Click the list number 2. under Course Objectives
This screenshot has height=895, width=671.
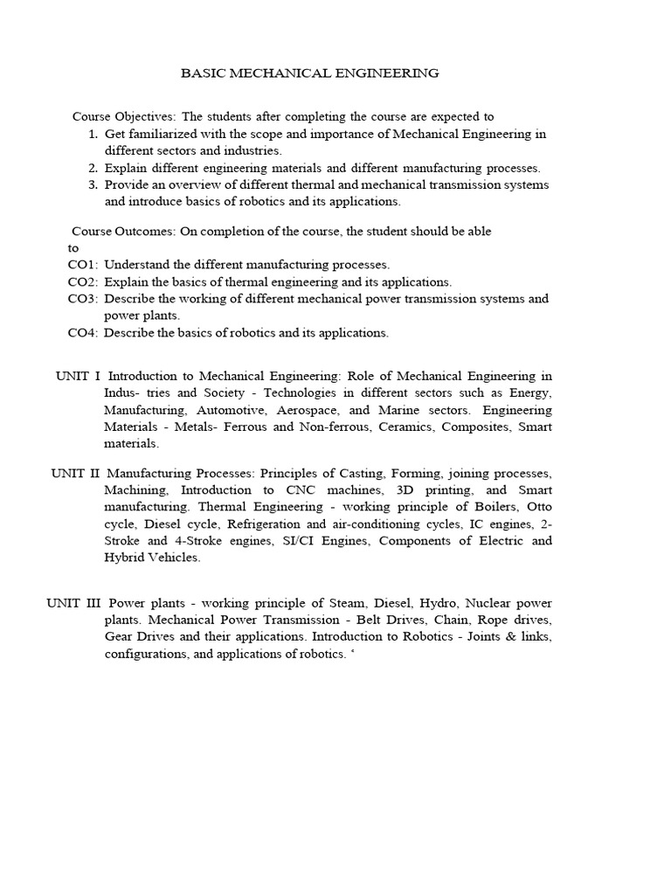[93, 168]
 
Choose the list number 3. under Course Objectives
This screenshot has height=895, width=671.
[93, 185]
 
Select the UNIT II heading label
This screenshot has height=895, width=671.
[75, 473]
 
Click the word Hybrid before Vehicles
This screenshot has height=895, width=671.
[125, 559]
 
